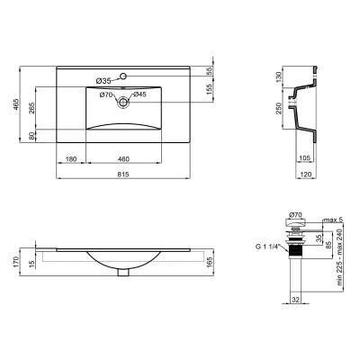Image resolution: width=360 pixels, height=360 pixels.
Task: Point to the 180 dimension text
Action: click(71, 158)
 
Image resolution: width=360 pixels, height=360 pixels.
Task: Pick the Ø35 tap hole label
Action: click(101, 80)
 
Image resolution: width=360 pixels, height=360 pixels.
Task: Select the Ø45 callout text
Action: click(139, 94)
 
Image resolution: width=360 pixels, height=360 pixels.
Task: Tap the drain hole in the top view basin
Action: click(122, 103)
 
